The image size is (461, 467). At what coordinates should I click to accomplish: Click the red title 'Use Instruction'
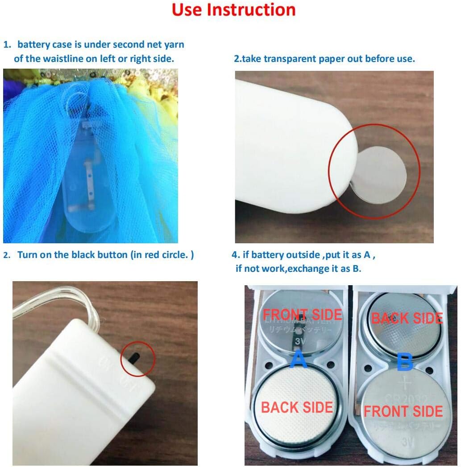click(x=233, y=10)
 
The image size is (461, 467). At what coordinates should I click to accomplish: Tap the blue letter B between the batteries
click(x=405, y=363)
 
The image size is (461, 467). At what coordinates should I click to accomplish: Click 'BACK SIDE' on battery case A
click(x=297, y=407)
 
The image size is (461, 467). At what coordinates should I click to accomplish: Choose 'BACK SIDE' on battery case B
click(x=407, y=318)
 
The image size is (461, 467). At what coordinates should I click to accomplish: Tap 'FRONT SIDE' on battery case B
click(x=403, y=411)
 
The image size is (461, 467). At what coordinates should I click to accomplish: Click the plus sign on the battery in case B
click(x=406, y=383)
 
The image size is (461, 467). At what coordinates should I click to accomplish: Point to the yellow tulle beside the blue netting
click(x=165, y=116)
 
